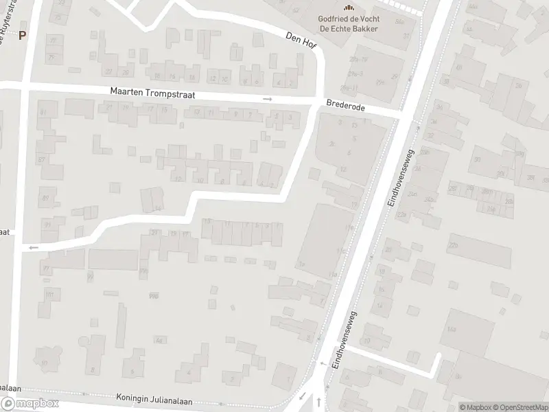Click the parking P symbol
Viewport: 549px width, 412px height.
click(23, 36)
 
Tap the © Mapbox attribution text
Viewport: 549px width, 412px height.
click(474, 407)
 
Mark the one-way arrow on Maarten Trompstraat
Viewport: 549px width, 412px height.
click(268, 100)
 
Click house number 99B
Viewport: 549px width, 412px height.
click(143, 273)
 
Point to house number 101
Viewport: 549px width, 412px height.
click(49, 294)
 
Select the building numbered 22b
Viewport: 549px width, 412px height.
click(453, 244)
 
